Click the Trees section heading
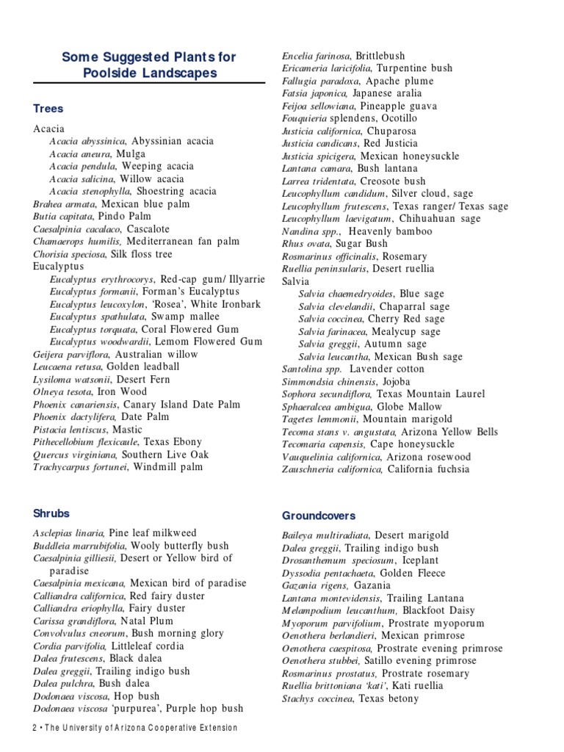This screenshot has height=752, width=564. [48, 109]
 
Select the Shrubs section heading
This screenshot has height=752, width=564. [51, 513]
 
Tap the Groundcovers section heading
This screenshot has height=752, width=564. [318, 516]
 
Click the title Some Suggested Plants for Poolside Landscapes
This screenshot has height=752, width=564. [149, 64]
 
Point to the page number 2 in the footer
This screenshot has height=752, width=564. [35, 728]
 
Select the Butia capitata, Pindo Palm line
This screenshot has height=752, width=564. [92, 217]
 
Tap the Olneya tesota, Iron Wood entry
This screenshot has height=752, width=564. [90, 391]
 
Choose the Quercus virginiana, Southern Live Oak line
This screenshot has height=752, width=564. [121, 454]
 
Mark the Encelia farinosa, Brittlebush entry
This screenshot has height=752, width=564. [343, 56]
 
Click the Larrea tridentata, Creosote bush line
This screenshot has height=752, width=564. [353, 181]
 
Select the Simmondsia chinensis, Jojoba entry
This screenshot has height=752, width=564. [346, 382]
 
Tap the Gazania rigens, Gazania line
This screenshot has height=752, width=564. [336, 585]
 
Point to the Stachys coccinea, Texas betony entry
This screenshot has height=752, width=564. [350, 698]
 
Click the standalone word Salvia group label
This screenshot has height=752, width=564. [296, 281]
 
